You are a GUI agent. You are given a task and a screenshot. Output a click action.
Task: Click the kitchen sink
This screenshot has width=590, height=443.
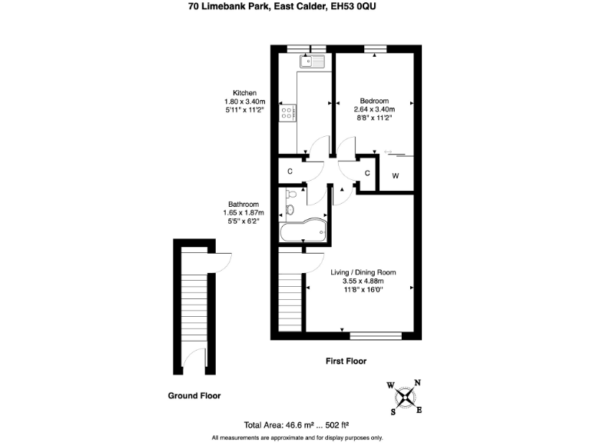pos(313,62)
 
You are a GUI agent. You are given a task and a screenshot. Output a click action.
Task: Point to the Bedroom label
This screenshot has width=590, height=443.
pos(374,101)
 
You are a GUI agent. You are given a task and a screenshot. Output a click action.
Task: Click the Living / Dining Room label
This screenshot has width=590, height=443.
pos(363,272)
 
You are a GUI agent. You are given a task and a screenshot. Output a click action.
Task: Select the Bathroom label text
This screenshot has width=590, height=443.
pos(243,204)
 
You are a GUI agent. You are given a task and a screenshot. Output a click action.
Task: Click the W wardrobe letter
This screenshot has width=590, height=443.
pos(396,176)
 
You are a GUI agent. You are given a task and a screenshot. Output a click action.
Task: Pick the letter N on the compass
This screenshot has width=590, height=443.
pos(417,382)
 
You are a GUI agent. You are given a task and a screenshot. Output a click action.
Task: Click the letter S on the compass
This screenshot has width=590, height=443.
pos(393,411)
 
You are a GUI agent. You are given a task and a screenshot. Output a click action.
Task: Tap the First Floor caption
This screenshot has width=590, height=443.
pos(346,361)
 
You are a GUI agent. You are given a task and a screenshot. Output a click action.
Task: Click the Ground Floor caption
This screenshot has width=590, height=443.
pos(194,396)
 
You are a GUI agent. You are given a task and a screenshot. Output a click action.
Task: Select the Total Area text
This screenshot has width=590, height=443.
pos(297,425)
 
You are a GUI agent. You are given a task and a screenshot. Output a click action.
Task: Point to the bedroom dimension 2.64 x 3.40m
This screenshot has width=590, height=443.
pos(375,109)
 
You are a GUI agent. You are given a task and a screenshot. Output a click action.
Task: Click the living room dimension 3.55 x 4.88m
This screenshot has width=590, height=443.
pos(363,281)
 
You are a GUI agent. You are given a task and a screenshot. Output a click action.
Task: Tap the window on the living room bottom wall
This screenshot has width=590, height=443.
pos(375,335)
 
